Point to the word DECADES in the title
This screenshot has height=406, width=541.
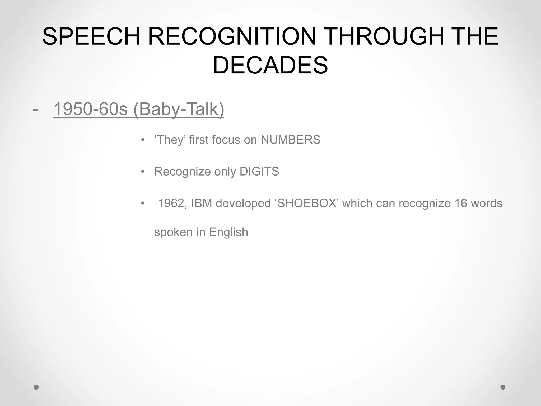pyautogui.click(x=270, y=65)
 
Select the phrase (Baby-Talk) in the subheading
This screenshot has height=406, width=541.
pyautogui.click(x=179, y=109)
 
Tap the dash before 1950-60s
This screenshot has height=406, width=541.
pyautogui.click(x=35, y=109)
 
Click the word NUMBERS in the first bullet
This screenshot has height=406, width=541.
pyautogui.click(x=290, y=140)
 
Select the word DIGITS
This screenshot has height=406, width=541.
pyautogui.click(x=259, y=172)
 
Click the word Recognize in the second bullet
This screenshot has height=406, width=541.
pyautogui.click(x=182, y=172)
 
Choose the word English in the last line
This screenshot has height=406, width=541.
pyautogui.click(x=228, y=232)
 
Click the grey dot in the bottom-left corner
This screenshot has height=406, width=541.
pyautogui.click(x=36, y=387)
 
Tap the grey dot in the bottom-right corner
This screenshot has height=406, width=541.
pyautogui.click(x=503, y=387)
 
